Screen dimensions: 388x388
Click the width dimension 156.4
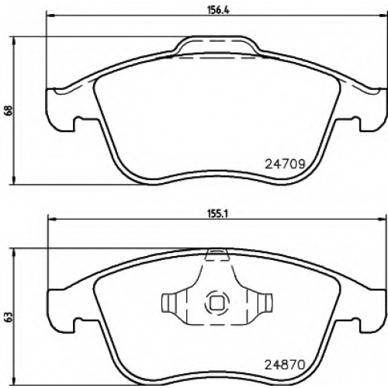click(x=219, y=10)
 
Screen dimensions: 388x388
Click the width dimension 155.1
click(x=217, y=214)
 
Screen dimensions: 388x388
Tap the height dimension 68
click(x=9, y=111)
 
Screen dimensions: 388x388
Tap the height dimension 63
click(x=9, y=317)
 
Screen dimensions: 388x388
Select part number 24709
click(x=285, y=164)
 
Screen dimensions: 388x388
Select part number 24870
click(x=285, y=365)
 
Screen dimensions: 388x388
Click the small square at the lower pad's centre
click(x=217, y=303)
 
